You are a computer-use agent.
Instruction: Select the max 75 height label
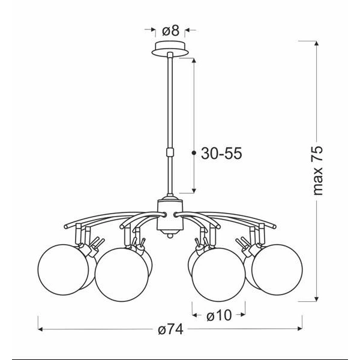coord(318,170)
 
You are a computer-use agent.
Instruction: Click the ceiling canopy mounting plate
coord(172,49)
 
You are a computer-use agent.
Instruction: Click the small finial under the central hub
coord(168,236)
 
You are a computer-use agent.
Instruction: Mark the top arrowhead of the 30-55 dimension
coord(194,60)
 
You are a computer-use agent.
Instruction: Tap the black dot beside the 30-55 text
coord(194,154)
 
